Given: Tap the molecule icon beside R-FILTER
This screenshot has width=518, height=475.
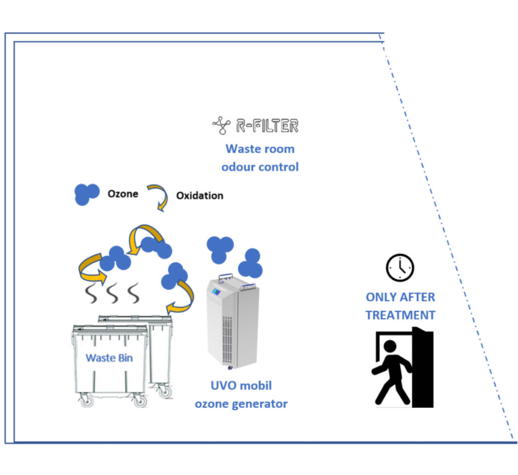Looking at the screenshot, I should point(222,125).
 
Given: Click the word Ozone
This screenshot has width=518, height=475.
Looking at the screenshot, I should point(122,194).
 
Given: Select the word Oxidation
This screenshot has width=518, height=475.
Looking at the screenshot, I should point(199,196).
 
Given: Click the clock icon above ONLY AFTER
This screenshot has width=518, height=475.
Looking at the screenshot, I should point(400,267).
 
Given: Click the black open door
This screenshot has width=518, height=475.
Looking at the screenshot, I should point(422,367).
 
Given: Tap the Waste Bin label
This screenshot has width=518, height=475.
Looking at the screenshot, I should point(109,358).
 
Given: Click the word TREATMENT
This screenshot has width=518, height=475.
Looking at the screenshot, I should point(400,315).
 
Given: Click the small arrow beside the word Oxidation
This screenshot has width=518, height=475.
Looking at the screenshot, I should point(158,197).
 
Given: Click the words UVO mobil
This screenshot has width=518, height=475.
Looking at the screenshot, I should point(241,385).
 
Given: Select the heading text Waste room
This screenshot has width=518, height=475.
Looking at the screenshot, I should point(260,149).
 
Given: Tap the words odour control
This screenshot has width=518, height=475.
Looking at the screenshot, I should point(260,166).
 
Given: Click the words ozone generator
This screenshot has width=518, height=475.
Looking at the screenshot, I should point(241,404).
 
